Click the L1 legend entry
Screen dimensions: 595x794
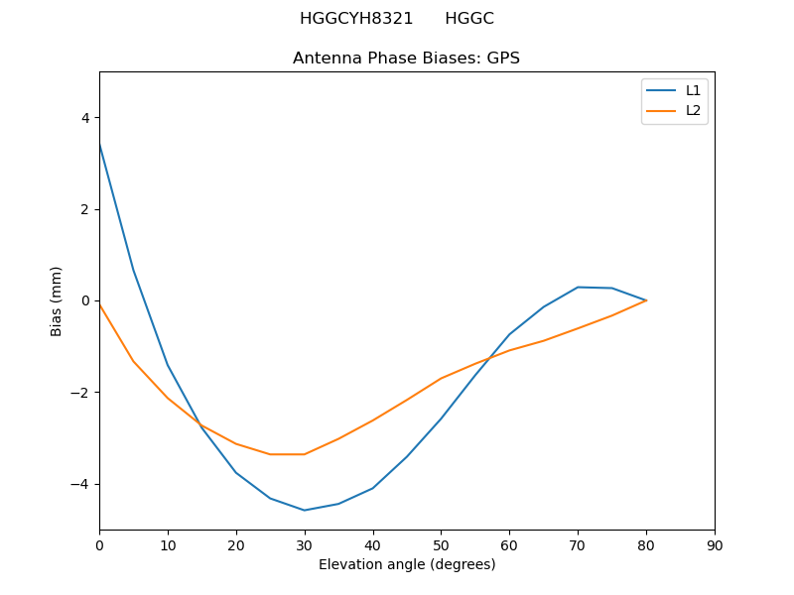693,90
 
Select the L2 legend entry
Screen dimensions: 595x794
693,110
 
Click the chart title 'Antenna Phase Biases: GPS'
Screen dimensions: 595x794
406,59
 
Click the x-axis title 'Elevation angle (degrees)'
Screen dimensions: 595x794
407,565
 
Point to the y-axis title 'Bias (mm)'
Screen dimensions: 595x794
57,300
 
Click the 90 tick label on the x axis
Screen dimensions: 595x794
715,545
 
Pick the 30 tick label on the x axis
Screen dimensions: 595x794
305,545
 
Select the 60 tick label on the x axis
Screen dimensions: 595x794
509,545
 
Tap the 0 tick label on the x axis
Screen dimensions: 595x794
99,545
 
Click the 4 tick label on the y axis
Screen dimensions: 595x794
84,118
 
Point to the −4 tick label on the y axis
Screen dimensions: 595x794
80,484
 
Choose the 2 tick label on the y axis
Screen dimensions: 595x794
84,209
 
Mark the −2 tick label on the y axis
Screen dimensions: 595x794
80,393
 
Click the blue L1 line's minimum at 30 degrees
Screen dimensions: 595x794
305,510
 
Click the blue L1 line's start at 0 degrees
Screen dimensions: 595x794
99,144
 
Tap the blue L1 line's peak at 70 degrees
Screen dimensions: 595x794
578,288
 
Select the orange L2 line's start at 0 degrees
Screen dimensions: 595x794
99,303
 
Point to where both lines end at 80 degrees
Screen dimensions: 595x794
646,300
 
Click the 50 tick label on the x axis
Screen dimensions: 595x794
441,545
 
